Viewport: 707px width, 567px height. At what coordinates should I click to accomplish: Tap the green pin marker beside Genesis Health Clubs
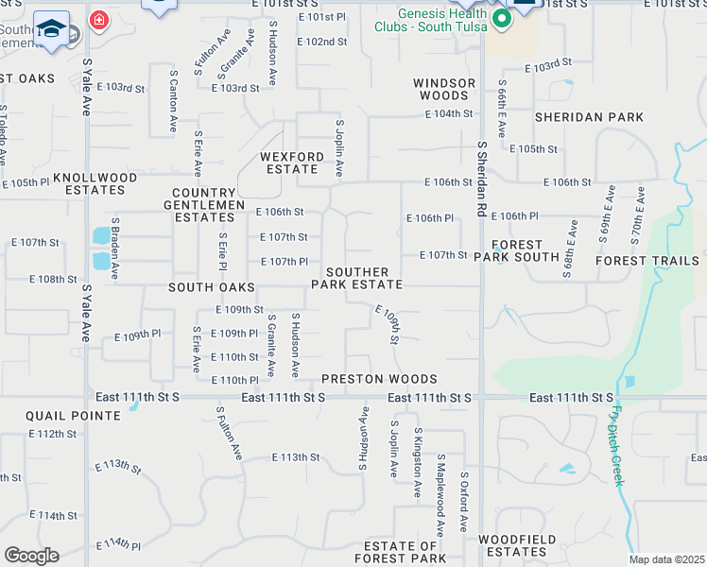[x=498, y=19]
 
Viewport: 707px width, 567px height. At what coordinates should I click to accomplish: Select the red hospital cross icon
[x=97, y=20]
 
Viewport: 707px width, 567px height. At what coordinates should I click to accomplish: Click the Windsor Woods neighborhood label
[x=444, y=89]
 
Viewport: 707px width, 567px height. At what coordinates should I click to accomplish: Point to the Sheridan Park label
[x=589, y=117]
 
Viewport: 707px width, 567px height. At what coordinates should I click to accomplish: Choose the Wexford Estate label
[x=289, y=163]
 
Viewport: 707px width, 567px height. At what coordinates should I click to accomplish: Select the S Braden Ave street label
[x=114, y=246]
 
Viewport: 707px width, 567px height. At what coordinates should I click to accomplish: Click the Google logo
[x=30, y=555]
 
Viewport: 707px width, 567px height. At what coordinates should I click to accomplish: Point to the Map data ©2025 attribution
[x=666, y=559]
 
